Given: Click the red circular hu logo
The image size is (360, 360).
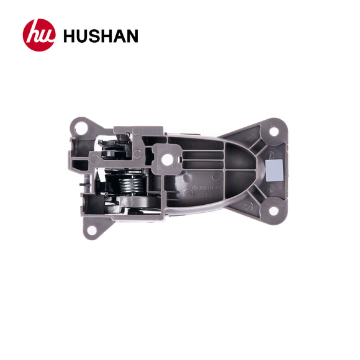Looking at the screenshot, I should pos(39,35).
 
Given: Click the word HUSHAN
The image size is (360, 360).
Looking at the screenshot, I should pos(101,35).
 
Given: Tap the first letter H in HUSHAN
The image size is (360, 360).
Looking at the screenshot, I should pos(70,35).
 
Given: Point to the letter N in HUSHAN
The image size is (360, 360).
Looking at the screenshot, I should pos(131,35).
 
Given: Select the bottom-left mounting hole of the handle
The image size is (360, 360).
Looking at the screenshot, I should pos(91,230).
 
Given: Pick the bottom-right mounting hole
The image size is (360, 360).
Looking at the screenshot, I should pos(272,211).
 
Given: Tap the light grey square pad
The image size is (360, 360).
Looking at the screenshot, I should pos(272,167).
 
